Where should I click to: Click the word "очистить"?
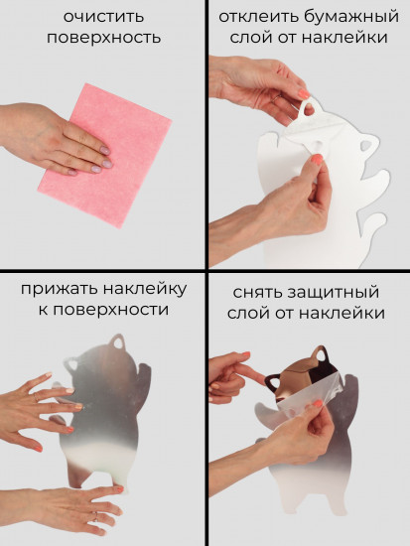click(x=102, y=17)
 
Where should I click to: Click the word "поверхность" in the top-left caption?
click(x=102, y=38)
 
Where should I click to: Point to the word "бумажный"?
click(x=347, y=17)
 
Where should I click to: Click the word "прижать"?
click(x=58, y=289)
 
